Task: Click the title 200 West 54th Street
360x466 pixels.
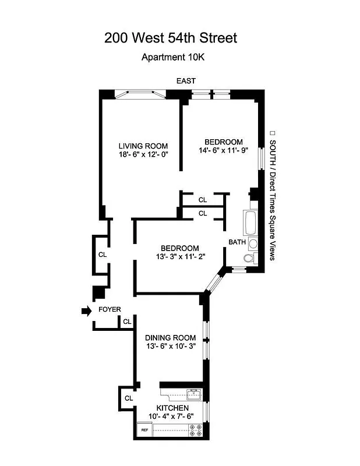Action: (171, 38)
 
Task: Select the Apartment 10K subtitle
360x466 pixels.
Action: (173, 57)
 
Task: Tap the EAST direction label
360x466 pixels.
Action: (186, 81)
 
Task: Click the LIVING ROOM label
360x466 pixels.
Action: (143, 146)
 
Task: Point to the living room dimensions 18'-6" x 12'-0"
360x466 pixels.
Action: (143, 155)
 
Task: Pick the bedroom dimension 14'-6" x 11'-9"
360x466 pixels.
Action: (223, 151)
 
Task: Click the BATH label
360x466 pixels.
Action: (237, 242)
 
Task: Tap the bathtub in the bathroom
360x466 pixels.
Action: (250, 223)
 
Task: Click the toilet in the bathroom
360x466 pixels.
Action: (249, 259)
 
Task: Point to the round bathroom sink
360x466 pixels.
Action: (253, 243)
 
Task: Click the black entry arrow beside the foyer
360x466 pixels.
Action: (86, 312)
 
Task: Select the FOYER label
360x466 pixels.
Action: (110, 309)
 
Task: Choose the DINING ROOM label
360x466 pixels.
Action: (170, 338)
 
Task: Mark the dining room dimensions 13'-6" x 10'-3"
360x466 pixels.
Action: (170, 347)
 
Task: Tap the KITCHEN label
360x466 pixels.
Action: (172, 408)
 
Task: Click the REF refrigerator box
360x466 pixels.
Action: (144, 430)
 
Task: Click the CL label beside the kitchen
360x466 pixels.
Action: (128, 398)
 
